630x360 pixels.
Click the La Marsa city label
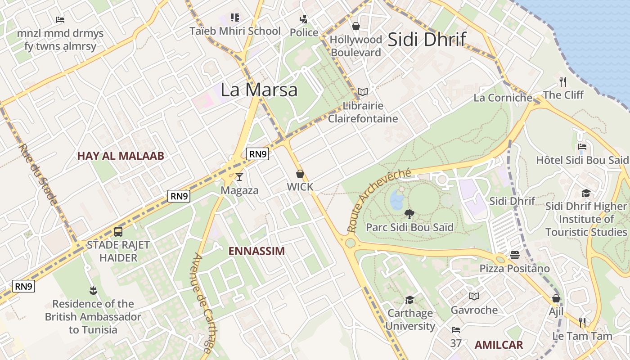click(259, 90)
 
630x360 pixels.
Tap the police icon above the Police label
click(304, 19)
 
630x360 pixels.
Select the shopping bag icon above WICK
click(300, 174)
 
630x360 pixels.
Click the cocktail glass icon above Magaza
click(239, 177)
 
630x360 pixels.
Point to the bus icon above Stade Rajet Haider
click(118, 232)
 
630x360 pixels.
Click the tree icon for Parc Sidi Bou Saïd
click(409, 214)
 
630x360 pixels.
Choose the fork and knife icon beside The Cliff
click(562, 81)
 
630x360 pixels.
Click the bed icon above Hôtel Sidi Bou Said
click(582, 147)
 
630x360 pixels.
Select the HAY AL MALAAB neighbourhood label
click(121, 156)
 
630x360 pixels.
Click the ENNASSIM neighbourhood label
click(256, 251)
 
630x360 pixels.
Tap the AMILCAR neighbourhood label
click(499, 345)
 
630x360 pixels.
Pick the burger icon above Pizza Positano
click(515, 255)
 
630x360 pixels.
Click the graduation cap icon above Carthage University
click(409, 300)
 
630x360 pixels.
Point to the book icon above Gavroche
click(474, 296)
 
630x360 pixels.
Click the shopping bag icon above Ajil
click(556, 298)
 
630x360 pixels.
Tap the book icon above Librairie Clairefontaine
click(363, 92)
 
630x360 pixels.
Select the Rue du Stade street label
click(38, 174)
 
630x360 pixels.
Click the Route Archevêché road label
click(378, 200)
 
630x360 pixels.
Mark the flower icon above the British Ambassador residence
click(93, 290)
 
